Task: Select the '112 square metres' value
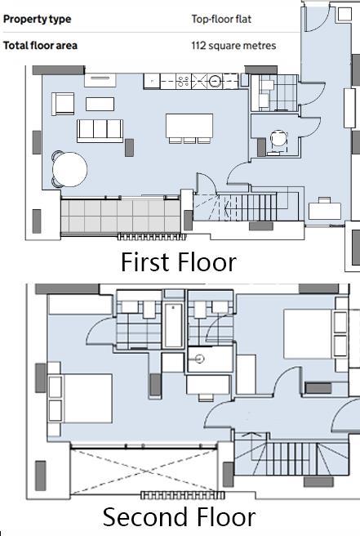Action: (x=233, y=46)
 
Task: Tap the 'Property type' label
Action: (x=37, y=19)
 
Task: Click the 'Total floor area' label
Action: (x=41, y=46)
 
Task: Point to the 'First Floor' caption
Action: (x=179, y=262)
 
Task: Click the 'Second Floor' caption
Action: (x=179, y=517)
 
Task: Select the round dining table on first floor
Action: (x=69, y=170)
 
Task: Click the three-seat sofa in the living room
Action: (x=100, y=130)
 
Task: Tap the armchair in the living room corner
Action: (x=62, y=103)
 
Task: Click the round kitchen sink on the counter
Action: (x=215, y=81)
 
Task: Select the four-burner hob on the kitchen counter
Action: (x=184, y=81)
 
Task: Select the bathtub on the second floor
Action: (x=173, y=326)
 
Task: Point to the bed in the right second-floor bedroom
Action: (x=309, y=333)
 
